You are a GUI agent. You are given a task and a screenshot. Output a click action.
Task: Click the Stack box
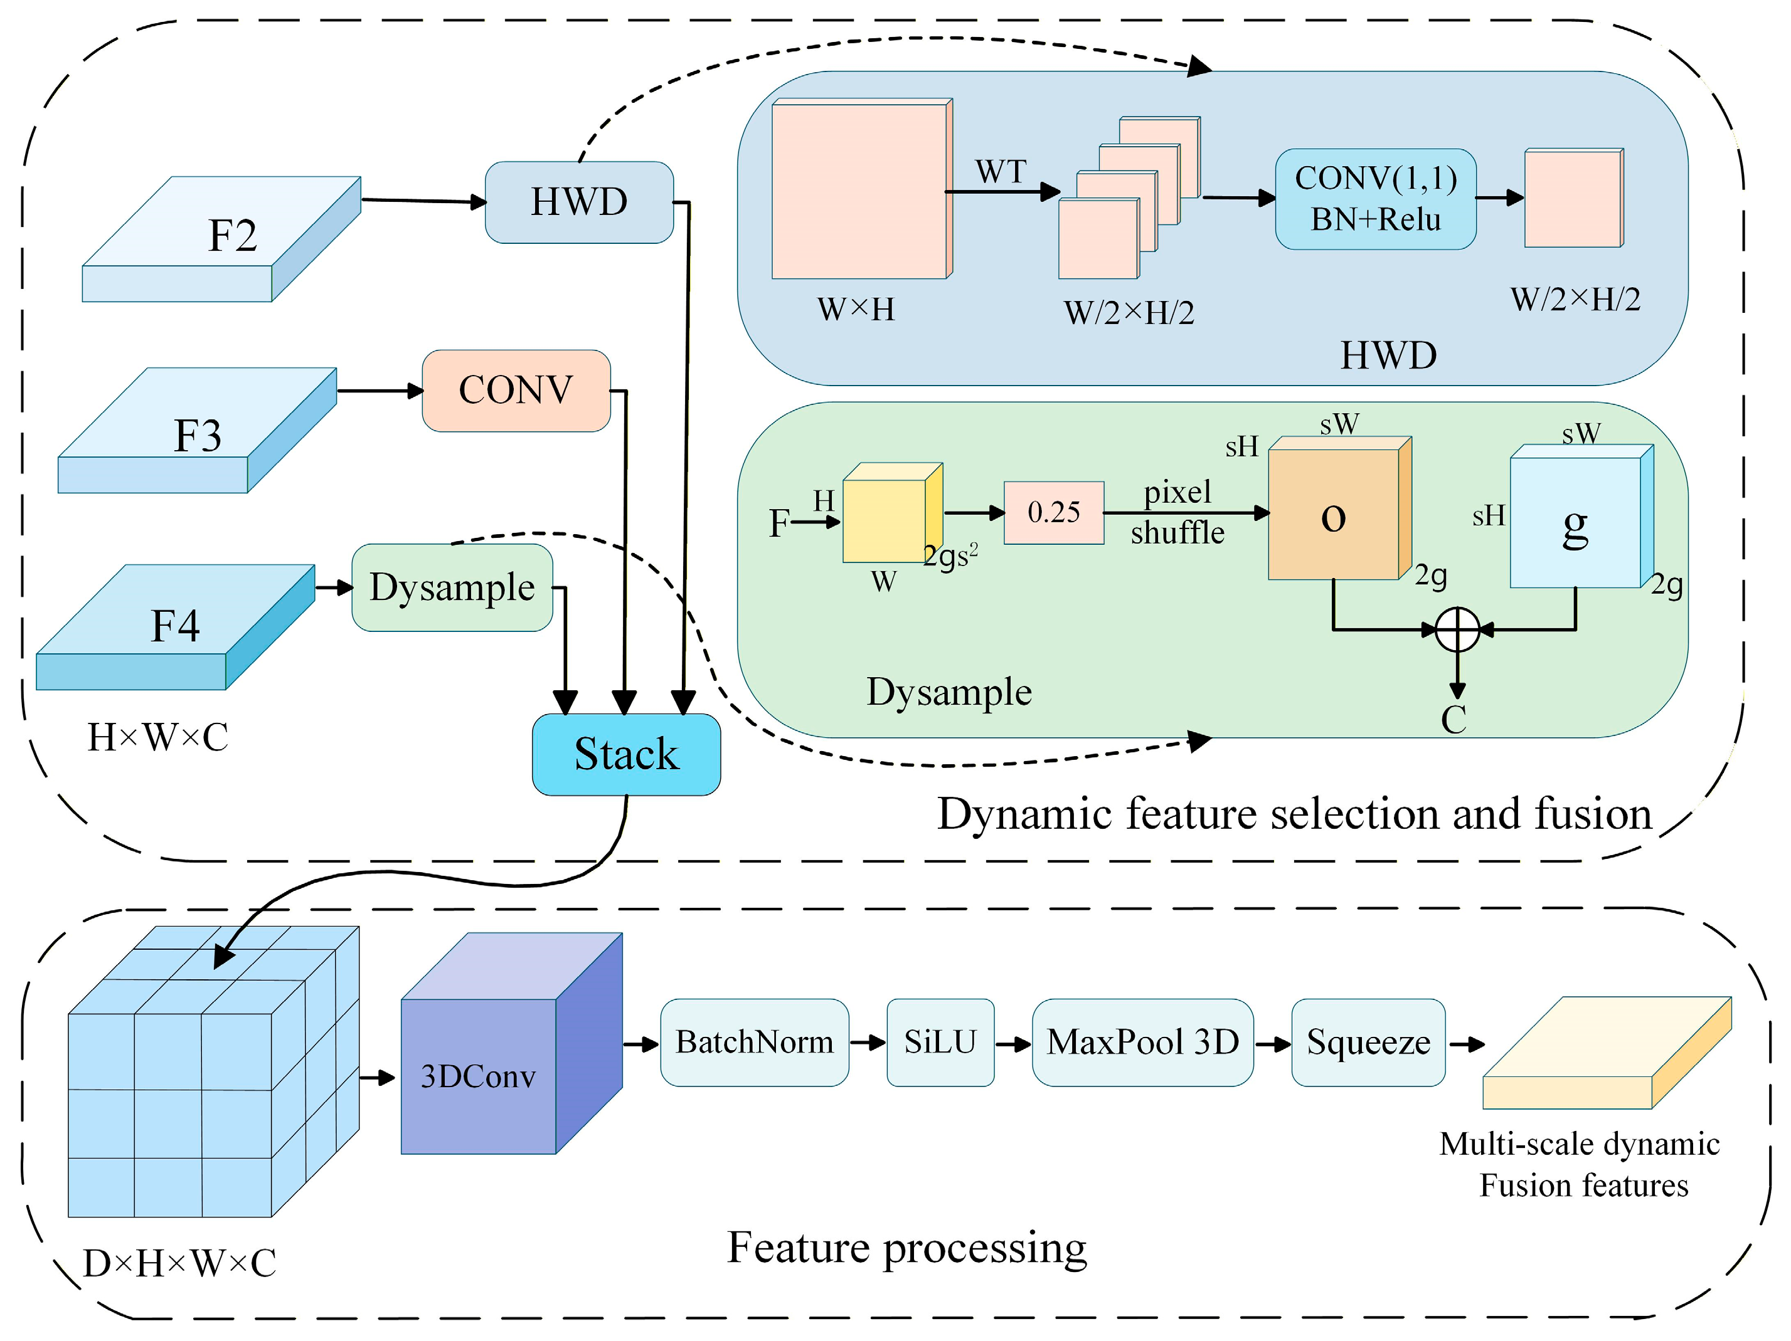pyautogui.click(x=626, y=754)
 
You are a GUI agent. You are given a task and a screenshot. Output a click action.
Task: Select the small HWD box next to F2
pyautogui.click(x=579, y=201)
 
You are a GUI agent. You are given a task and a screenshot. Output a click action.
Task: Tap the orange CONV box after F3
pyautogui.click(x=516, y=390)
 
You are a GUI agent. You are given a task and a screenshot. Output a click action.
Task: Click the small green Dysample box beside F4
pyautogui.click(x=452, y=587)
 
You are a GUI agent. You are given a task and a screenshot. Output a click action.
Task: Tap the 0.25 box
pyautogui.click(x=1053, y=512)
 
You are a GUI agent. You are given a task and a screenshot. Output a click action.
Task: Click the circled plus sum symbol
pyautogui.click(x=1457, y=629)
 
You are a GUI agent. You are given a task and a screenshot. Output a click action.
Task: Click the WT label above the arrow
pyautogui.click(x=1001, y=172)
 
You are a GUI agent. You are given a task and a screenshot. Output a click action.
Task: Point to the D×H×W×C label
pyautogui.click(x=180, y=1263)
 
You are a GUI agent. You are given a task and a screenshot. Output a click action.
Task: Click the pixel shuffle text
pyautogui.click(x=1177, y=512)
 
